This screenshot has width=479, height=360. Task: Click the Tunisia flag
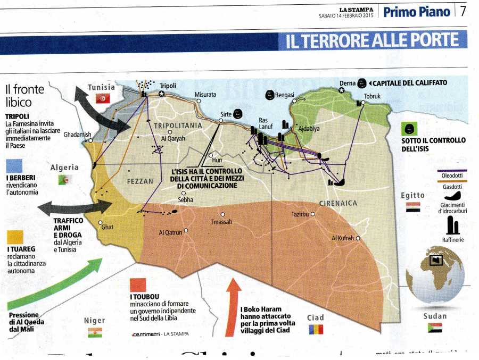[103, 98]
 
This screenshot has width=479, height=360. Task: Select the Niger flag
[95, 332]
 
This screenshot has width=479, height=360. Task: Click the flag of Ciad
[316, 329]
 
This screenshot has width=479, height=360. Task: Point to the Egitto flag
[414, 207]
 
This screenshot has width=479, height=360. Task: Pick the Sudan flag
[435, 328]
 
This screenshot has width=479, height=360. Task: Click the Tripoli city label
[168, 86]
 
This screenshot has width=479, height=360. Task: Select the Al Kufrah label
[342, 238]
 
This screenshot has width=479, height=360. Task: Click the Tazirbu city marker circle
[313, 214]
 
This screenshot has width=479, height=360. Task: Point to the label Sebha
[186, 200]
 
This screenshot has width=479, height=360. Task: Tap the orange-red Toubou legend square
[138, 284]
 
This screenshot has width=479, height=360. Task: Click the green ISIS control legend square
[410, 128]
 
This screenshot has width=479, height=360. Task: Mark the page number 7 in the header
[463, 11]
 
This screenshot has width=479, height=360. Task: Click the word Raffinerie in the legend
[453, 240]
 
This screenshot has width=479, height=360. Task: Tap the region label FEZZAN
[140, 181]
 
